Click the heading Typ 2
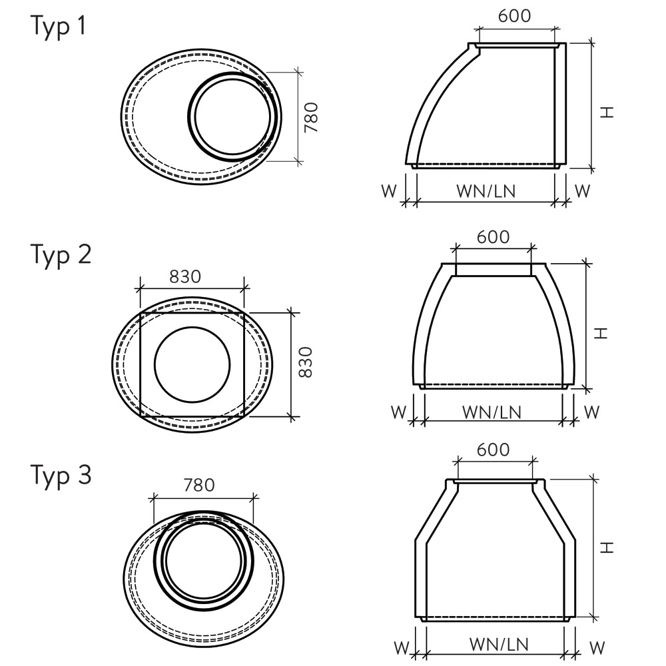point(61,255)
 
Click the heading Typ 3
point(61,476)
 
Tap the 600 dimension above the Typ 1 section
point(514,16)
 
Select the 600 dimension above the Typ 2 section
point(493,237)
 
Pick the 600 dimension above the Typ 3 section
point(493,450)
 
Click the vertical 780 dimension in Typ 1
point(311,117)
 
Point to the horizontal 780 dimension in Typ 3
point(199,485)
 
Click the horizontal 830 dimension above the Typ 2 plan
point(185,277)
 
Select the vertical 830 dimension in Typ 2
point(306,362)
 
